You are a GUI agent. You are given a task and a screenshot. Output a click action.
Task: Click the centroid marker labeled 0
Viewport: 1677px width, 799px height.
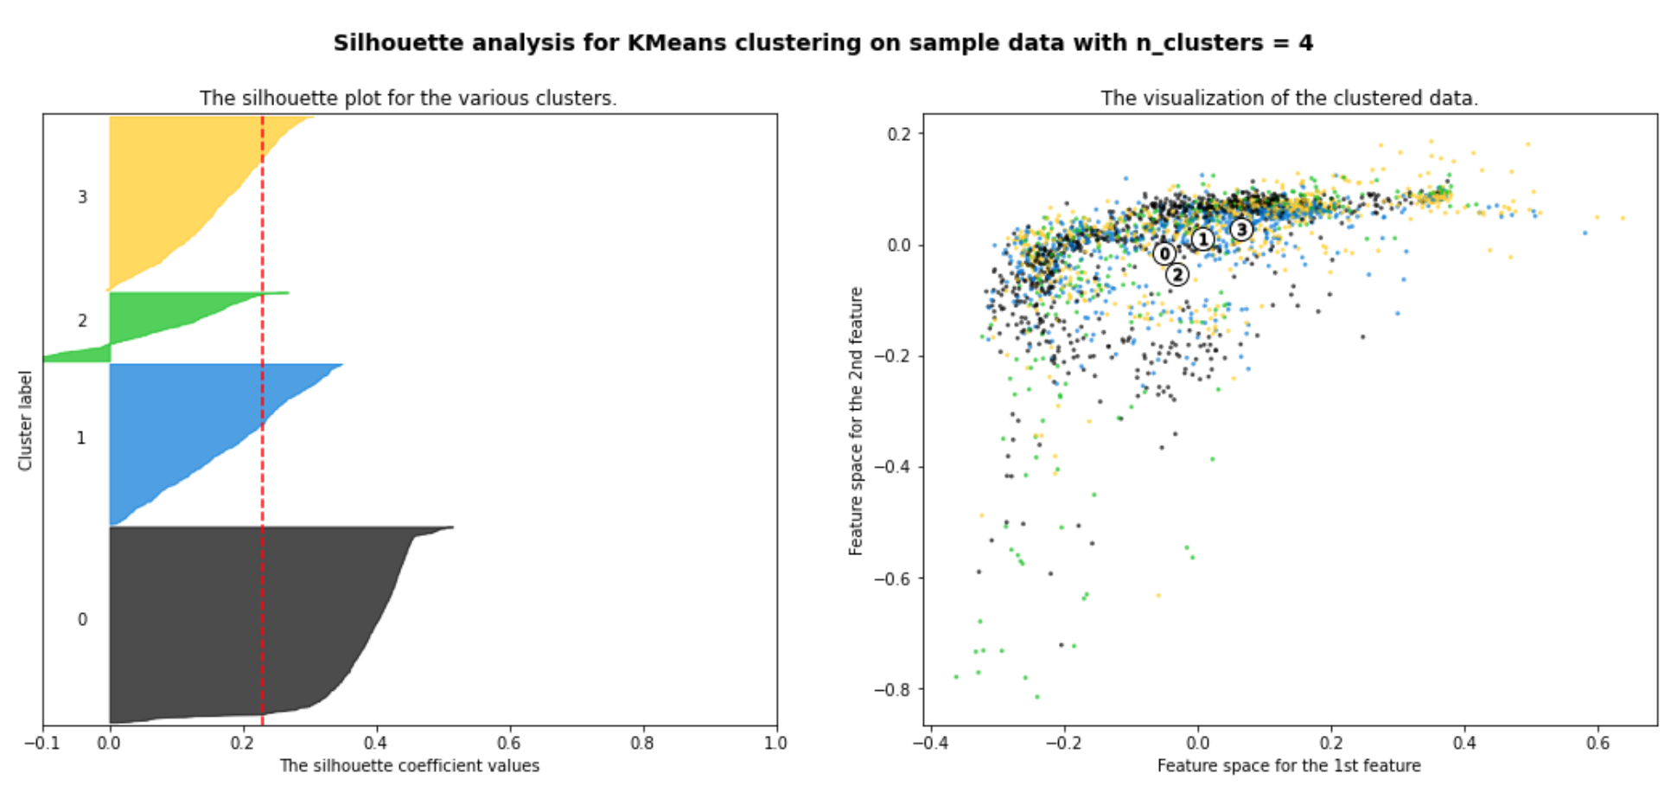coord(1164,253)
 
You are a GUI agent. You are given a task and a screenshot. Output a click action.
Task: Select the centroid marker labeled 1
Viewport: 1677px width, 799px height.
coord(1202,239)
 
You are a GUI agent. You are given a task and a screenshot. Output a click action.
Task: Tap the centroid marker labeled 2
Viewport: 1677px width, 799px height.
coord(1176,275)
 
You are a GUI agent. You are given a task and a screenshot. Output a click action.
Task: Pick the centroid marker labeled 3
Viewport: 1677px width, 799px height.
coord(1241,229)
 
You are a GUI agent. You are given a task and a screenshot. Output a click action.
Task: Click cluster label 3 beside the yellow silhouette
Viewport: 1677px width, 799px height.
coord(82,197)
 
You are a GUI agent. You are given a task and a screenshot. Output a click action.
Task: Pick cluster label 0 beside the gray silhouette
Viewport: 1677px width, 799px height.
coord(82,619)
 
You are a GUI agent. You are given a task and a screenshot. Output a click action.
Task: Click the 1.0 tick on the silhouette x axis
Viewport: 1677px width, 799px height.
coord(775,743)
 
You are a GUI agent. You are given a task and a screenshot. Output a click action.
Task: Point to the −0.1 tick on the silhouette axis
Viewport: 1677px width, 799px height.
coord(42,743)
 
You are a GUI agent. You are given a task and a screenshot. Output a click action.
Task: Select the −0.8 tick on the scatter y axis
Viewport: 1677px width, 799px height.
coord(892,689)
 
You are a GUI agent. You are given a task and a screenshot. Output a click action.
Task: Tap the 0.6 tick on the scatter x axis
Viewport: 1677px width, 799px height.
coord(1597,743)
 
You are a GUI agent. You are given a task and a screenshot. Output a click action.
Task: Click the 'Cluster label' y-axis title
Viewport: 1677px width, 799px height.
coord(25,420)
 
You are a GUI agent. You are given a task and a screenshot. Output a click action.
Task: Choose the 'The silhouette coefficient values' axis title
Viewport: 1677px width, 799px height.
coord(409,766)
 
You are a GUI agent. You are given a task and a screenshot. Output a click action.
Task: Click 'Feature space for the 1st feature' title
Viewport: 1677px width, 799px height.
coord(1289,766)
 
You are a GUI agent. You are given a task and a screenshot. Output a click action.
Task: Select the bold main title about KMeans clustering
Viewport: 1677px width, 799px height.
coord(823,43)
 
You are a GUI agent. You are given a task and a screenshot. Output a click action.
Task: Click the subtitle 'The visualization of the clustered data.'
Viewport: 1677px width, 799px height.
coord(1289,98)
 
